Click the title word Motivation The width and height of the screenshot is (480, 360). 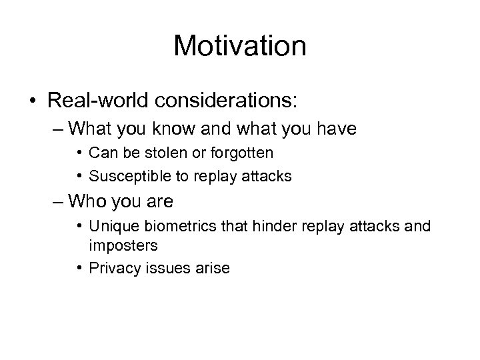coord(239,46)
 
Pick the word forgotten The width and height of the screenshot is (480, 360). coord(240,153)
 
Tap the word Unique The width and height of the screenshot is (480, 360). coord(109,227)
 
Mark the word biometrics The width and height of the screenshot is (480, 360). coord(174,227)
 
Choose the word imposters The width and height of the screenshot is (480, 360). coord(123,245)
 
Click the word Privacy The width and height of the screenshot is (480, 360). coord(112,268)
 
